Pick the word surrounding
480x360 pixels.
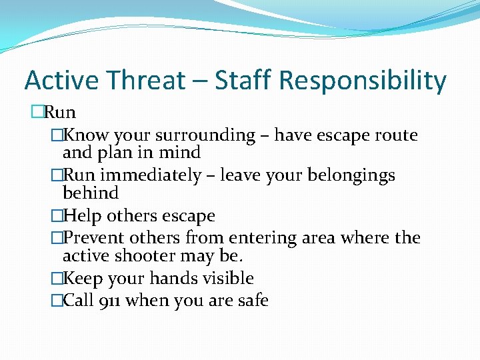click(x=205, y=136)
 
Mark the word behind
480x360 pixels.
click(x=90, y=193)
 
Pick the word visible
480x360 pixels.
click(x=229, y=278)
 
